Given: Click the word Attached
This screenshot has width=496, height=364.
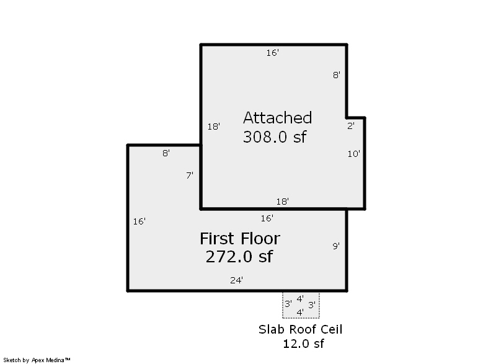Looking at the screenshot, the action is point(277,118).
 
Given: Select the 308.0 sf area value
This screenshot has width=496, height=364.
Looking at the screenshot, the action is point(275,137).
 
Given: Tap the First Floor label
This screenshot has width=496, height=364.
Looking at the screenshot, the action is point(240,239).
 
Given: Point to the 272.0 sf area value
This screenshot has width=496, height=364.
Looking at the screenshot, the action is point(239,257).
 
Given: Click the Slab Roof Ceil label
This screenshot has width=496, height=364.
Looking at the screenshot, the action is point(301,329).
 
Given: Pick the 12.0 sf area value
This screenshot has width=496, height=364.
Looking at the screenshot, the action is point(303,344).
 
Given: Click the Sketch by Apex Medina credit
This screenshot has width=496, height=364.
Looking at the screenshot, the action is point(37,360).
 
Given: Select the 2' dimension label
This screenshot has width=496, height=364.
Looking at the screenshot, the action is point(351,126).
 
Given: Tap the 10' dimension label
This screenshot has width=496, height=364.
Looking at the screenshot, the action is point(353,154).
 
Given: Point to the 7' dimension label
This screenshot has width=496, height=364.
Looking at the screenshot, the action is point(190,175).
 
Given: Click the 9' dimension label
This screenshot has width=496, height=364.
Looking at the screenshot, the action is point(336,246).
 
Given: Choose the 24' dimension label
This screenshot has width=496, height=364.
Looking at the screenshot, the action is point(236,280).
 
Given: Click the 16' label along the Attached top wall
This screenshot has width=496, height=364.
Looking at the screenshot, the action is point(272,53).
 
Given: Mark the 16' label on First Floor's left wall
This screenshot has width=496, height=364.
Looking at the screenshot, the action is point(139,221).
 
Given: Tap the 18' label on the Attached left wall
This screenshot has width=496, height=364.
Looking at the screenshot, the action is point(213,127).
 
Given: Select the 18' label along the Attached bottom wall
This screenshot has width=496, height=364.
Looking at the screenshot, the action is point(283,202).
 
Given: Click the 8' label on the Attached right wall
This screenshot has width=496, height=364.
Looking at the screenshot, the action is point(337,75).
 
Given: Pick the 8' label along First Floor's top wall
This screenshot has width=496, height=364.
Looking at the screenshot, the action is point(166,153).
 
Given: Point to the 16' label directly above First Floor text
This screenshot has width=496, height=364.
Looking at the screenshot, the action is point(267,218).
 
